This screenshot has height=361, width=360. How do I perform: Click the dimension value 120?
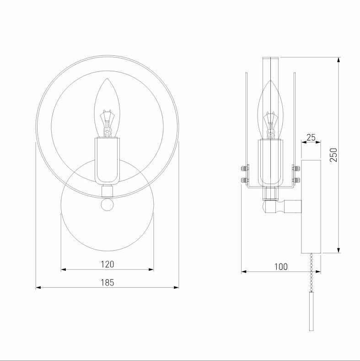107,264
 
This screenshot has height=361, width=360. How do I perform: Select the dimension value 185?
107,282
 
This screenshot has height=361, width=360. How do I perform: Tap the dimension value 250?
333,155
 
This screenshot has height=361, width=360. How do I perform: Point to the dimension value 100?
281,267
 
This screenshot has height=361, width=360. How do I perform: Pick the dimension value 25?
311,137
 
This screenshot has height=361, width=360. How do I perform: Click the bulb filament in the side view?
271,125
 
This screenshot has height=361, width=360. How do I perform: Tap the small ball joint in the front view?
107,205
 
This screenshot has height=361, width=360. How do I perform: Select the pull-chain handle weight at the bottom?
312,311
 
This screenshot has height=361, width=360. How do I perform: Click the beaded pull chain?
312,272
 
